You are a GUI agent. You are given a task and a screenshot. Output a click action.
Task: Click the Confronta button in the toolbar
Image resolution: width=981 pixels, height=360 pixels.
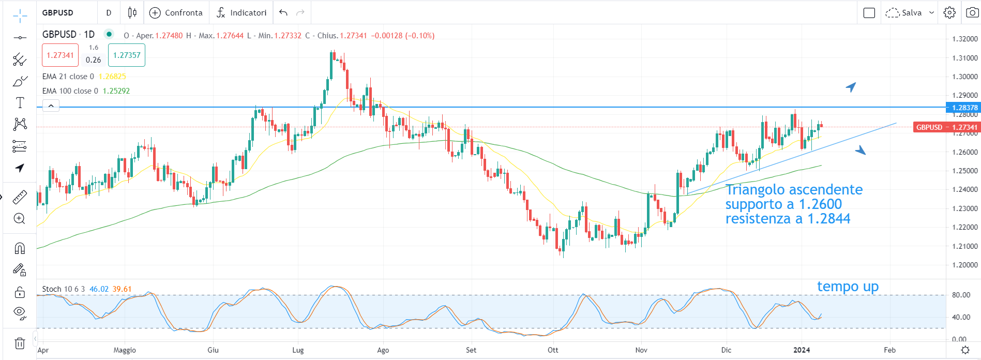pyautogui.click(x=176, y=12)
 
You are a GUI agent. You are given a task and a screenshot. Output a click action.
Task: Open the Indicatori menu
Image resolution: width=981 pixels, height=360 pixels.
pyautogui.click(x=242, y=12)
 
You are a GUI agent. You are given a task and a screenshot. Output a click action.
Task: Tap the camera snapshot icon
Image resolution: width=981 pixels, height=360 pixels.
pyautogui.click(x=972, y=12)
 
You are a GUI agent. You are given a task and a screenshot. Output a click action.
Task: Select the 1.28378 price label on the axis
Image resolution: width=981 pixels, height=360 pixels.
pyautogui.click(x=964, y=108)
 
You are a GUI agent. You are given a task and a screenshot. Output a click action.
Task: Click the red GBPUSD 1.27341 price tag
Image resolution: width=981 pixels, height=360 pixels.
pyautogui.click(x=946, y=127)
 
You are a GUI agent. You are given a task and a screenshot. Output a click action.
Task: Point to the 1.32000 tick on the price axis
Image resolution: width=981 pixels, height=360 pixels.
pyautogui.click(x=964, y=39)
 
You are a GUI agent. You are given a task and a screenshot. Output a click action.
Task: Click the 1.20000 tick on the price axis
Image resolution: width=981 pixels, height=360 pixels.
pyautogui.click(x=964, y=265)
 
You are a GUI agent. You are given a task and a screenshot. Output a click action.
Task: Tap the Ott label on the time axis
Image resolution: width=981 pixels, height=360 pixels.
pyautogui.click(x=553, y=350)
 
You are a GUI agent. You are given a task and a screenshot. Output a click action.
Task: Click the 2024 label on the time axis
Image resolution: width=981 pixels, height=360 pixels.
pyautogui.click(x=802, y=350)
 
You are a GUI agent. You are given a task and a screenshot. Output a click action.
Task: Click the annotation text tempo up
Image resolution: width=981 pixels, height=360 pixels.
pyautogui.click(x=848, y=287)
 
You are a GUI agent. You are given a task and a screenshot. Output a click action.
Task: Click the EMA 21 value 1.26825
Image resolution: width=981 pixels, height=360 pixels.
pyautogui.click(x=112, y=77)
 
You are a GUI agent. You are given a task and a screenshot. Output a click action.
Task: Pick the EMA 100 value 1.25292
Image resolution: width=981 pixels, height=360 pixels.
pyautogui.click(x=116, y=91)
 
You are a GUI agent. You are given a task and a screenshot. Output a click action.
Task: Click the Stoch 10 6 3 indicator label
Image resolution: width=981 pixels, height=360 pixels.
pyautogui.click(x=63, y=289)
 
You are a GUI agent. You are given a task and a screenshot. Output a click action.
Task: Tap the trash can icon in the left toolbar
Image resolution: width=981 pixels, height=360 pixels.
pyautogui.click(x=20, y=343)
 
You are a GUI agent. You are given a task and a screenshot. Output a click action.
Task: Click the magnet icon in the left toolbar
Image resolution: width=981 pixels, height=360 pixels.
pyautogui.click(x=20, y=248)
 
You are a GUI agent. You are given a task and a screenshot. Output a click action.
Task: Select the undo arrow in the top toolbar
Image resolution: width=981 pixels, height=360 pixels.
pyautogui.click(x=283, y=12)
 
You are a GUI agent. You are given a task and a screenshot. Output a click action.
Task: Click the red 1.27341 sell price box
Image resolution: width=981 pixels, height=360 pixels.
pyautogui.click(x=60, y=55)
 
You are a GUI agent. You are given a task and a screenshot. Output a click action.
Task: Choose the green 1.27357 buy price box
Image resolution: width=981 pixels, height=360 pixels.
pyautogui.click(x=127, y=55)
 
